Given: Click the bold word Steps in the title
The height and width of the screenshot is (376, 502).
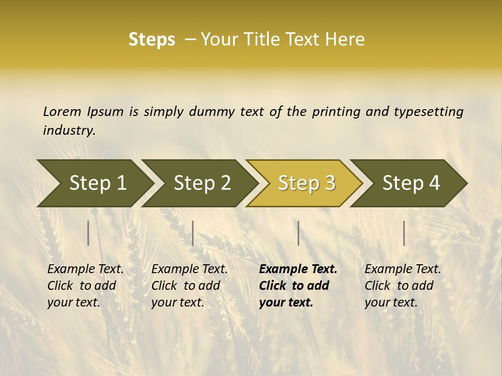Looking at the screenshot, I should pos(152,40).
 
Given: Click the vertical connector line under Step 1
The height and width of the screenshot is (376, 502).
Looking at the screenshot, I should pos(88,233).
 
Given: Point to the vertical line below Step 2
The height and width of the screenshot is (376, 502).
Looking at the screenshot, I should pos(193,233).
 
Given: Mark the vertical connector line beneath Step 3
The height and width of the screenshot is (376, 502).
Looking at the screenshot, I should pos(299,233).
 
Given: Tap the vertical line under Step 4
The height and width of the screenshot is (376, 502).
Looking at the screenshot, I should pos(404,233).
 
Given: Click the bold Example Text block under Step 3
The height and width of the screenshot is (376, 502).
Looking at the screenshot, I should pos(298,286).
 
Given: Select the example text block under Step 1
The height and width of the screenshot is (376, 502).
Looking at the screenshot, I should pos(85,286).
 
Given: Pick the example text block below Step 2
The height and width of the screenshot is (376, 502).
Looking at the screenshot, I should pos(189,286).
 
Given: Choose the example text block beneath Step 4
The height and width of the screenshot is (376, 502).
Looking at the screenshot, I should pos(403,286).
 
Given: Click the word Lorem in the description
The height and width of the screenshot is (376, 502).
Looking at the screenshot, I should pos(62,111).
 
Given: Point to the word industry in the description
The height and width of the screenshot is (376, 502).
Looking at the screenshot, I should pos(69,131).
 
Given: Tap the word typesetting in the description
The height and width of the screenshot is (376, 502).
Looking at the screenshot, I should pos(428,111).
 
